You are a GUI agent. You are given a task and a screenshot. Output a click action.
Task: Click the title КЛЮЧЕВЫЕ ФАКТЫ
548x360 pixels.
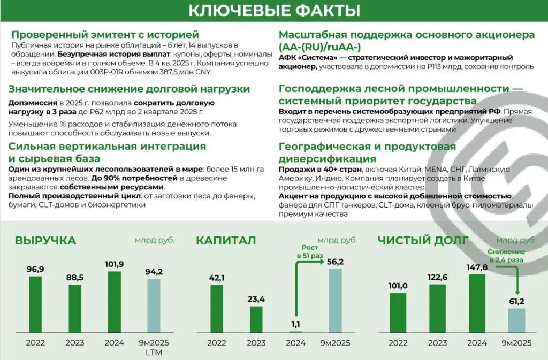pos(274,11)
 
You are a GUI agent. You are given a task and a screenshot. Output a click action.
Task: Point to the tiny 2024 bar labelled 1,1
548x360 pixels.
pos(296,332)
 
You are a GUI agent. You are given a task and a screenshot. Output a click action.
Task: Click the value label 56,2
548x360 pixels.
pos(335,262)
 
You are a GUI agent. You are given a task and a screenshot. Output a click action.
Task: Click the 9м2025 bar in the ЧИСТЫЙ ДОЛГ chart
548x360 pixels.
pos(516,320)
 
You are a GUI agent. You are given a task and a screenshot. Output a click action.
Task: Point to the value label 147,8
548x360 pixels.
pos(477,267)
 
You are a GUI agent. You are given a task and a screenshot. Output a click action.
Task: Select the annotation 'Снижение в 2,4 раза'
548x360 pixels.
pos(505,255)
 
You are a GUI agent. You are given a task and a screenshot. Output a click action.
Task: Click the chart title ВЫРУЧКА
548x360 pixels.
pos(45,241)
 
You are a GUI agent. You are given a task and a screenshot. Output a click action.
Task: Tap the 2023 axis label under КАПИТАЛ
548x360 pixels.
pos(256,343)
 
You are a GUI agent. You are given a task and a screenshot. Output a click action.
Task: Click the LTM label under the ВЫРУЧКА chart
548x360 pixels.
pos(154,353)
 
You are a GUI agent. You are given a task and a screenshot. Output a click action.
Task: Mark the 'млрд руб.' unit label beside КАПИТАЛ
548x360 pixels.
pos(337,240)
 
